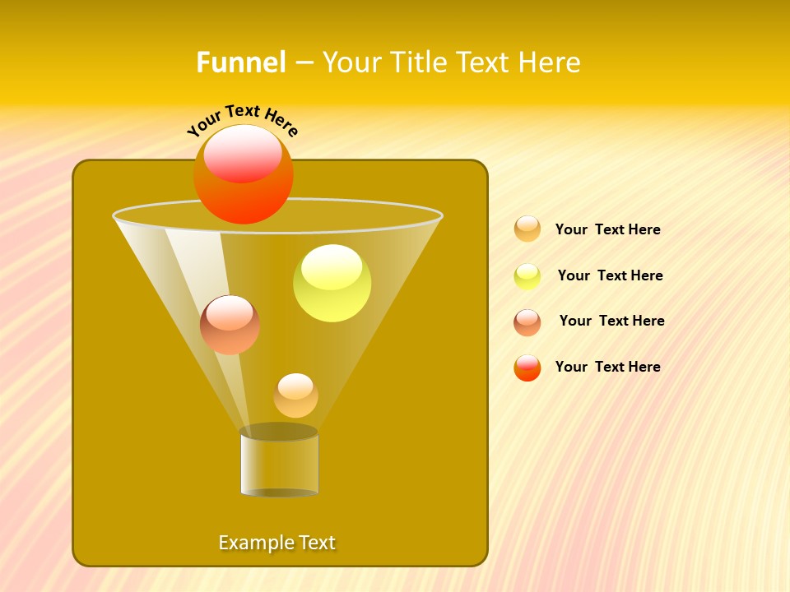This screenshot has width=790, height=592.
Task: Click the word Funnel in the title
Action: (x=241, y=62)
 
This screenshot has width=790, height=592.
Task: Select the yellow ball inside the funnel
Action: (x=332, y=284)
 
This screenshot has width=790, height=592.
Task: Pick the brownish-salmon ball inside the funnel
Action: (x=230, y=326)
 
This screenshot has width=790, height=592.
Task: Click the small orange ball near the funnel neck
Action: (x=295, y=396)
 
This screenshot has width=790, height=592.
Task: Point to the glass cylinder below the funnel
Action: (x=279, y=465)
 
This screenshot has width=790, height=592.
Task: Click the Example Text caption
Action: (x=277, y=543)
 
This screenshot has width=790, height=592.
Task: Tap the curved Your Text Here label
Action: (x=243, y=120)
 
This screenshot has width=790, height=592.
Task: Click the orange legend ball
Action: (x=527, y=229)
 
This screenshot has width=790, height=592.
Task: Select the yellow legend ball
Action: (x=527, y=276)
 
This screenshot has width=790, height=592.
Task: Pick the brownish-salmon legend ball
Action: (x=527, y=322)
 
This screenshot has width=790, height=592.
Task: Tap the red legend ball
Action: (x=527, y=368)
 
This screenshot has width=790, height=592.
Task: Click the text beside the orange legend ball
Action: (x=607, y=230)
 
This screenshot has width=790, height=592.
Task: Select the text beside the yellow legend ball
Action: (x=610, y=276)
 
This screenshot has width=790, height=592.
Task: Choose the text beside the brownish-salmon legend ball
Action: (x=611, y=321)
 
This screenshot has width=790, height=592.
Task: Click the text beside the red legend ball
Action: (x=607, y=368)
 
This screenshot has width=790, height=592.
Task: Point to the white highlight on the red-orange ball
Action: (x=243, y=153)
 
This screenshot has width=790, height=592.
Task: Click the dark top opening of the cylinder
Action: (x=279, y=432)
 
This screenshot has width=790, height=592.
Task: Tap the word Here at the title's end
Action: (x=551, y=62)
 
